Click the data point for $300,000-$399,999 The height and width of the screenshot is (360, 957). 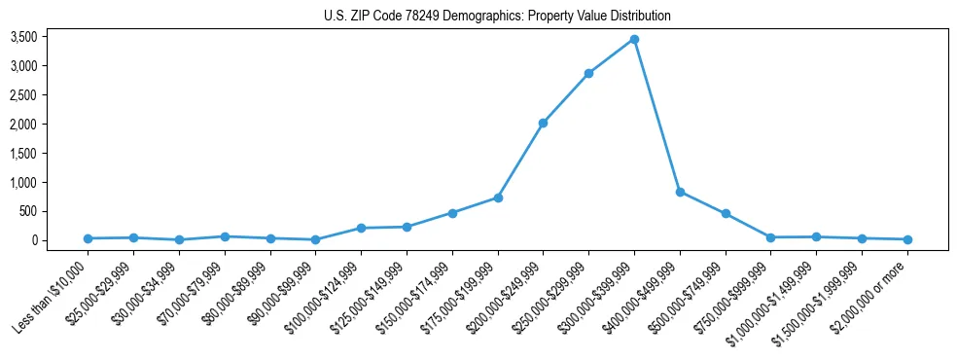coord(634,39)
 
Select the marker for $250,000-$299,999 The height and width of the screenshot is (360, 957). coord(588,74)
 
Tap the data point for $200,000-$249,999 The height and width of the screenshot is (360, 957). coord(543,123)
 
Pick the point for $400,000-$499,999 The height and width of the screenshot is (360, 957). coord(680,192)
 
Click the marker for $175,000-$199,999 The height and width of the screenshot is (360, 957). coord(498,198)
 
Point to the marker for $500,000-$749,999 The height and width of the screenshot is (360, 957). coord(726,213)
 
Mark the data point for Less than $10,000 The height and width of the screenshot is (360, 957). coord(89,238)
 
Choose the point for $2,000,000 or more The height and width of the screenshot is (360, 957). coord(907,239)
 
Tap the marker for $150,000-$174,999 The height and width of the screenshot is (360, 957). coord(452,213)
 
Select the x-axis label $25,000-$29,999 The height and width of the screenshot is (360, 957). coord(104,293)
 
